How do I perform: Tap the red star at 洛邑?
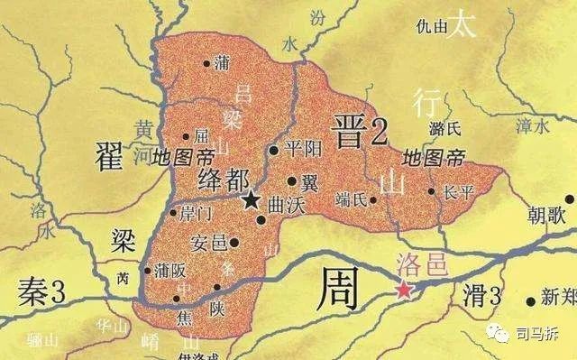coord(404,290)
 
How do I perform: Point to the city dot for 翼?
coord(292,180)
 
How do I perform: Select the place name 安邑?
coord(209,242)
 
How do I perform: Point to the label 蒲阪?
coord(170,269)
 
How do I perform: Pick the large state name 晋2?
coord(359,132)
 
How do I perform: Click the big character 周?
coord(337,290)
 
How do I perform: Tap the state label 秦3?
coord(41,292)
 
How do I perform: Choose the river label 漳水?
coord(528,127)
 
